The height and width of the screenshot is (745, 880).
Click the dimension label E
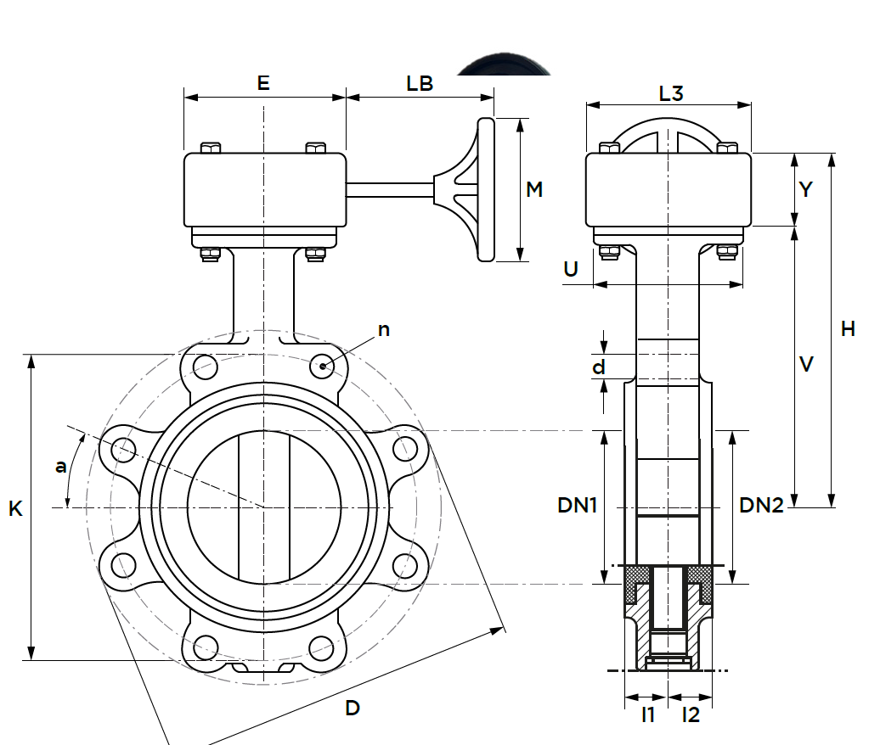pos(263,83)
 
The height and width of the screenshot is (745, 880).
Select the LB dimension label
pos(420,83)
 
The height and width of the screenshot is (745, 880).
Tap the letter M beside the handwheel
pos(534,189)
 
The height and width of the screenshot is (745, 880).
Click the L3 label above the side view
pos(671,93)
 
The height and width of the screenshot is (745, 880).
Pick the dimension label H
pos(848,329)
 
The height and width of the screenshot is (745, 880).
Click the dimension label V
pos(807,364)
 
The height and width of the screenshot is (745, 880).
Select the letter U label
pos(571,269)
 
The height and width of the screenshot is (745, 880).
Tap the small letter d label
pos(599,367)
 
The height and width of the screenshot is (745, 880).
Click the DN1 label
pos(578,505)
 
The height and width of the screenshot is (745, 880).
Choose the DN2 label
pos(761,505)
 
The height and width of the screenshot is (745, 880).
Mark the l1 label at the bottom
pos(648,714)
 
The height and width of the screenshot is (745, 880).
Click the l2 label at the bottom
pos(691,714)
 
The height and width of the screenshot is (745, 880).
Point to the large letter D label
pos(353,707)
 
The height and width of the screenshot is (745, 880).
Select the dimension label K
pos(15,508)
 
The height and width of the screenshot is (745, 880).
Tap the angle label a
pos(60,465)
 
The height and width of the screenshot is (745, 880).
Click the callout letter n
pos(384,329)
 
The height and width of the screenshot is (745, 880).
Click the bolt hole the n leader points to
pos(323,367)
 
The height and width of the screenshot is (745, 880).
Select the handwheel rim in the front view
pos(486,189)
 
